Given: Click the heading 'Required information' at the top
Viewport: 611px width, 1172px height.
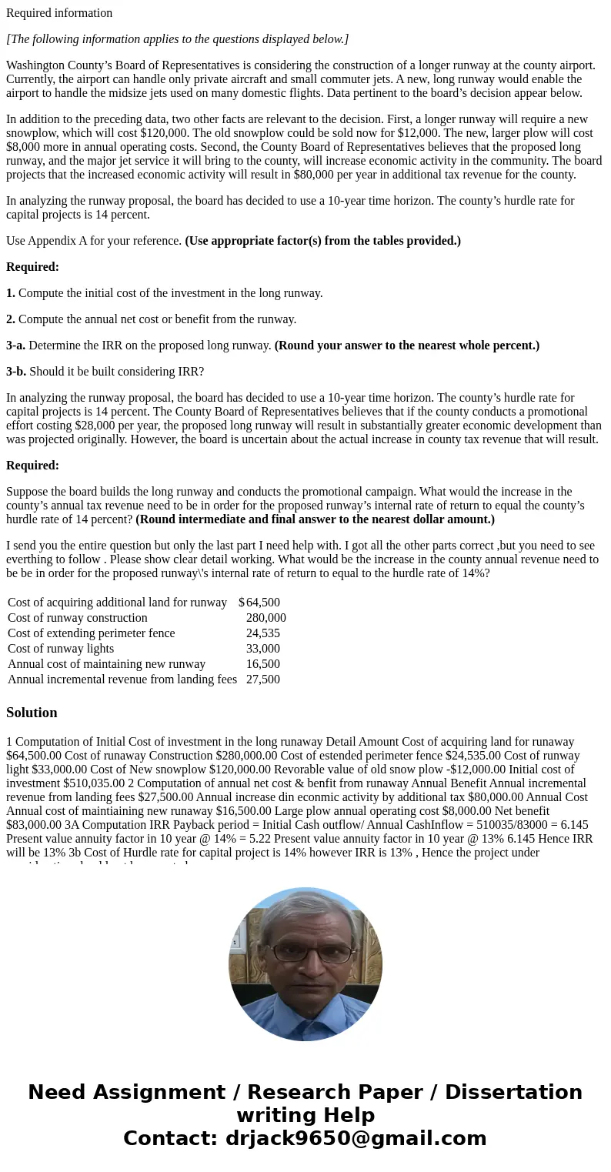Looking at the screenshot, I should click(x=59, y=13).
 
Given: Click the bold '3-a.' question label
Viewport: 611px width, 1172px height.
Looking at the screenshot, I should click(x=16, y=346).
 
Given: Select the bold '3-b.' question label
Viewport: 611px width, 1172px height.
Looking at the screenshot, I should click(x=16, y=372).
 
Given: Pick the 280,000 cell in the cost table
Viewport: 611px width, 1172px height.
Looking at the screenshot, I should click(x=265, y=618).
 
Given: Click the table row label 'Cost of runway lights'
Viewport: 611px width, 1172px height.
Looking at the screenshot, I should click(x=61, y=649).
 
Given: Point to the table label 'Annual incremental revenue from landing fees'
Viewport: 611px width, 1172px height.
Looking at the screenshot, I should click(x=122, y=679).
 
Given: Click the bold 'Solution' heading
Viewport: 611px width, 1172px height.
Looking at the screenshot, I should click(x=32, y=713).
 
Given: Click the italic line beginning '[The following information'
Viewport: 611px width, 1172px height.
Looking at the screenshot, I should click(x=177, y=39).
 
